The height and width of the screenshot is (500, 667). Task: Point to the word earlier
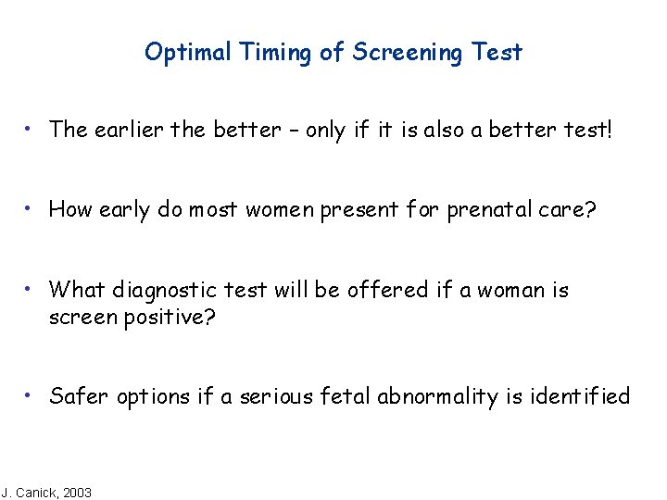click(125, 130)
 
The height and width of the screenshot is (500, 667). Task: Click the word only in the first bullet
click(325, 130)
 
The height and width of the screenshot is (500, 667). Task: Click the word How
click(69, 209)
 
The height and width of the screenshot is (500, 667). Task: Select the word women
click(279, 209)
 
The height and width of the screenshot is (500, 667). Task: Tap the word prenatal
click(491, 209)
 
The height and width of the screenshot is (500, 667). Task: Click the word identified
click(579, 397)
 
